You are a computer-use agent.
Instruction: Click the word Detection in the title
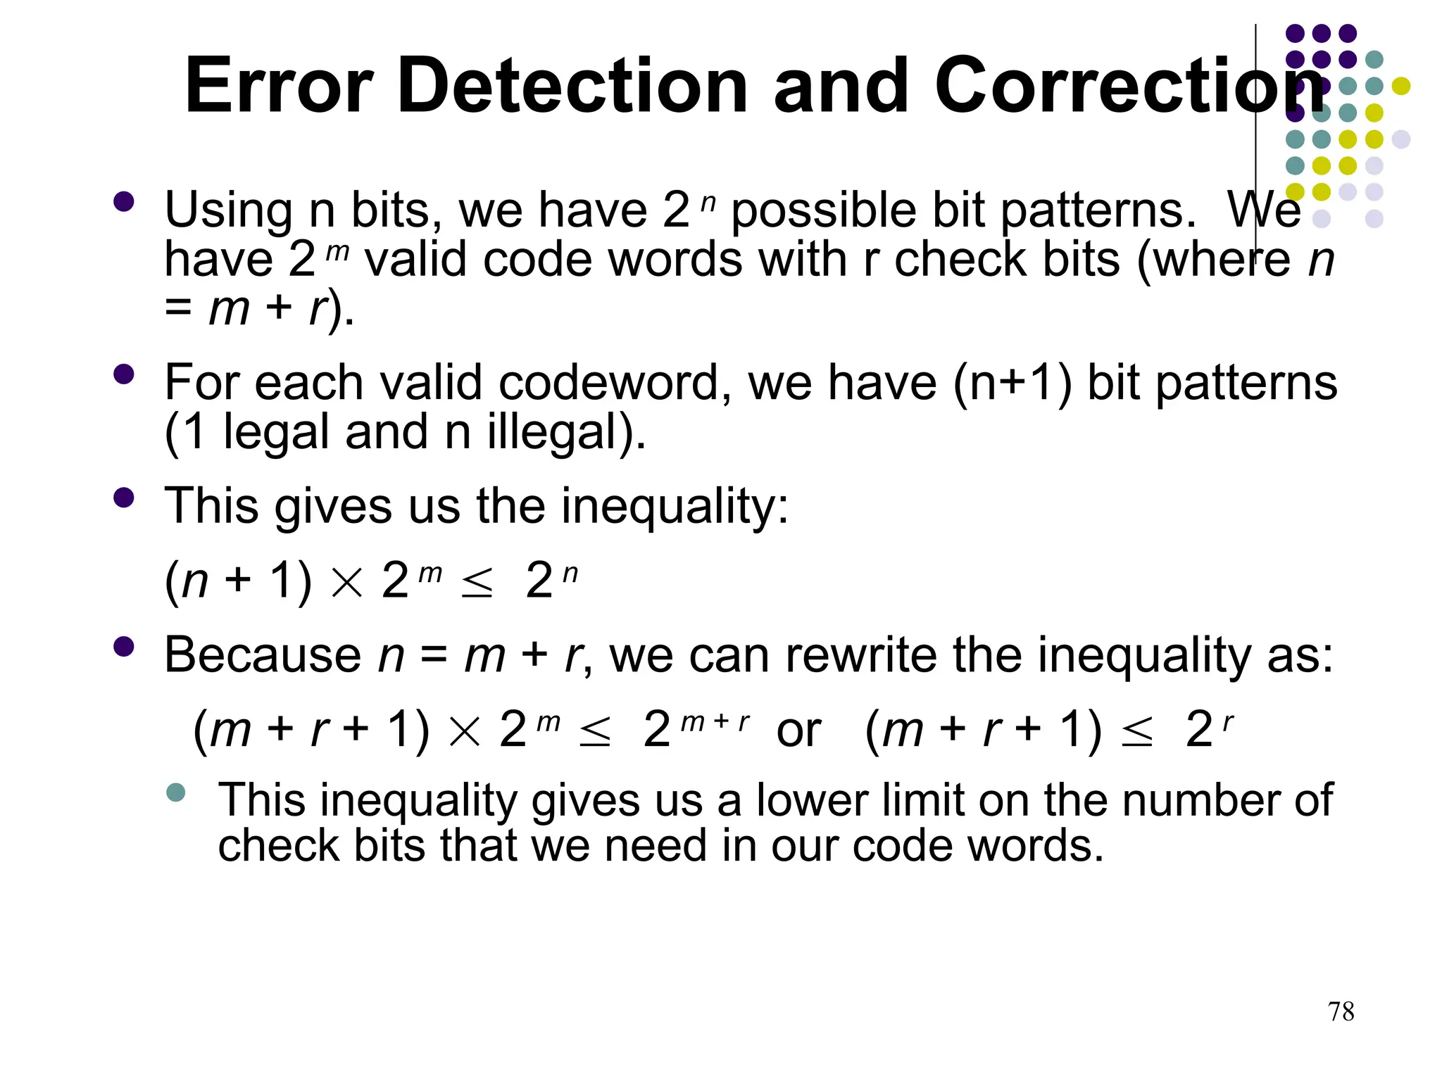coord(572,86)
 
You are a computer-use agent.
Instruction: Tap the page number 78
coord(1341,1011)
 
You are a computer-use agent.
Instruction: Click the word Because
coord(262,655)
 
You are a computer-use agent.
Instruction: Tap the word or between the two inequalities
coord(798,730)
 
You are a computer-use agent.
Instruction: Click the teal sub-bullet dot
coord(176,793)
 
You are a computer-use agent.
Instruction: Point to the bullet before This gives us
coord(123,498)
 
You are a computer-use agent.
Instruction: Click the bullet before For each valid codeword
coord(123,374)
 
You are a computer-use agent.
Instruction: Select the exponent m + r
coord(715,721)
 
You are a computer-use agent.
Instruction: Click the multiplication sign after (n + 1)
coord(346,583)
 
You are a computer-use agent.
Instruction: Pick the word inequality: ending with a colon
coord(675,507)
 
